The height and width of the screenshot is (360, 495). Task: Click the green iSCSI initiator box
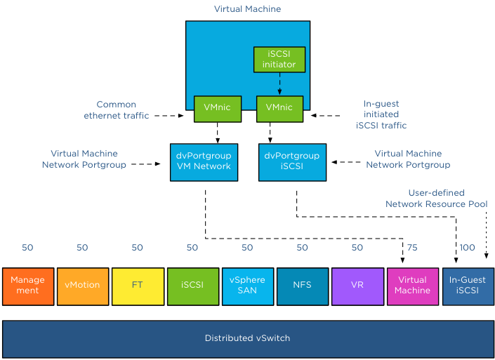click(x=279, y=59)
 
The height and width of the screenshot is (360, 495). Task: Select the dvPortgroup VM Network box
click(x=200, y=161)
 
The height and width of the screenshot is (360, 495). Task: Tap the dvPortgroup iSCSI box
click(x=293, y=161)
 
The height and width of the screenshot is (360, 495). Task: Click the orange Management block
click(x=28, y=286)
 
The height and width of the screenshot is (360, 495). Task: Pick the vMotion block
click(x=83, y=286)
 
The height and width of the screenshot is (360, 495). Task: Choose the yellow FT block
click(x=138, y=286)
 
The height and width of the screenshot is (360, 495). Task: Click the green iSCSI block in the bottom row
click(x=192, y=286)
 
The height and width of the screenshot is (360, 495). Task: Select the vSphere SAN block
click(x=247, y=286)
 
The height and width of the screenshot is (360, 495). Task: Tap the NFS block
click(x=303, y=286)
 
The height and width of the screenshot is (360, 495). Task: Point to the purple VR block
click(x=357, y=286)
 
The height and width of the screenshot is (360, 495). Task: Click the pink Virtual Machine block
click(x=412, y=286)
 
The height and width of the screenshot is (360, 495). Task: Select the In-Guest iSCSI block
click(x=468, y=286)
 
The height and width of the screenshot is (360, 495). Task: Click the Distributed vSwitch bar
click(x=247, y=338)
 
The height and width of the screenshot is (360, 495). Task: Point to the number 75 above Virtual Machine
click(x=412, y=248)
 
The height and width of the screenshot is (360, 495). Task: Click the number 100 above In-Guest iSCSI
click(x=468, y=248)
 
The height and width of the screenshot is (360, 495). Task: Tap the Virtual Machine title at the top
click(x=247, y=9)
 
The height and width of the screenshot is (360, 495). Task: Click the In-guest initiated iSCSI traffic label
click(x=381, y=114)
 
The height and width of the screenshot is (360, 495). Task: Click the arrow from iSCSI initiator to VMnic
click(x=279, y=84)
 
